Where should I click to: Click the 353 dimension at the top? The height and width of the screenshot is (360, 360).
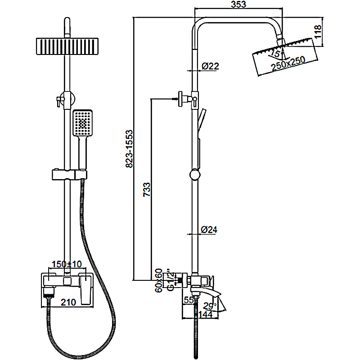238,5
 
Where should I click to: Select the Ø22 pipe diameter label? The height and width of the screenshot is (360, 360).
210,66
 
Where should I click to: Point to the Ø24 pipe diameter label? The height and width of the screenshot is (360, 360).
209,229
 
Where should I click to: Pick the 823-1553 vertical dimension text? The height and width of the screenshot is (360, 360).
129,148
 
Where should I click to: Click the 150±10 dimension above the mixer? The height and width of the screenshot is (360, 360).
67,264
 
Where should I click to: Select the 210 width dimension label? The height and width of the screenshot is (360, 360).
67,303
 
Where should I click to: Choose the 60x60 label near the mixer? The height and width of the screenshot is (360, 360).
158,280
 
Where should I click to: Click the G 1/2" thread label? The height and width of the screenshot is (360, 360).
170,280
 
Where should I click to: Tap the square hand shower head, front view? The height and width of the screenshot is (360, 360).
82,122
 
